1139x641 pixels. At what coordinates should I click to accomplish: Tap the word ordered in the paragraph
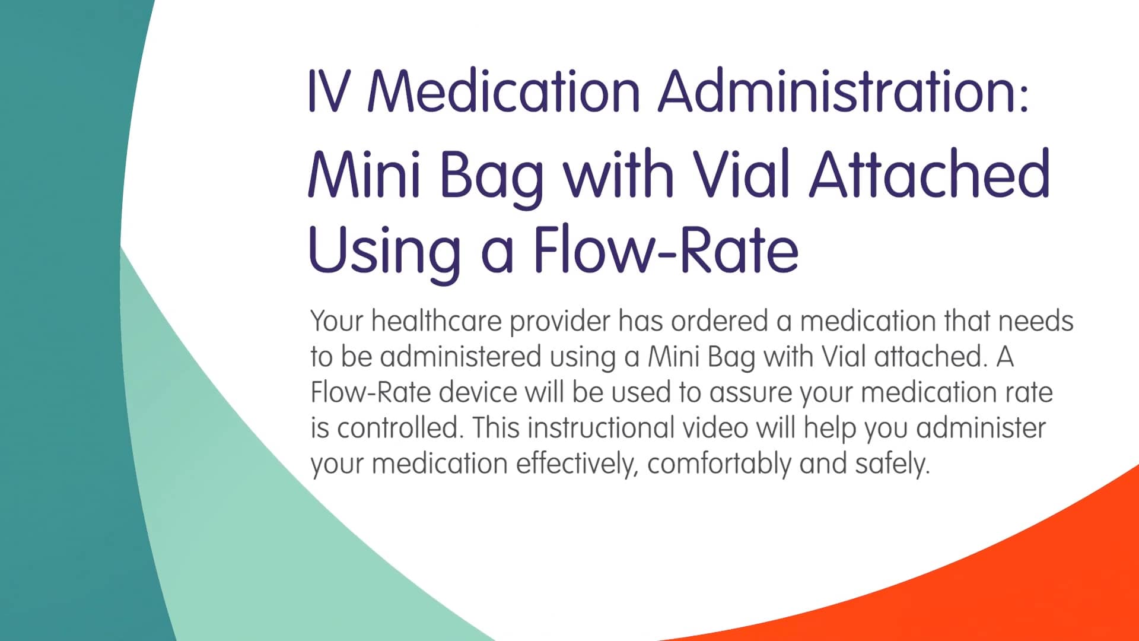(x=719, y=321)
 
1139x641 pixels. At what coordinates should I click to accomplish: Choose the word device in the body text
(x=478, y=392)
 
